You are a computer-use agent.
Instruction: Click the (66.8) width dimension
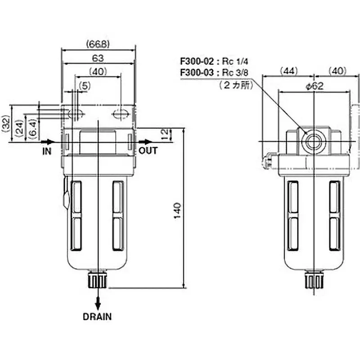click(x=98, y=44)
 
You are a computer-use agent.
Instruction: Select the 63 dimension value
click(x=98, y=58)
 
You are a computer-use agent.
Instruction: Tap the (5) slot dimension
click(x=84, y=85)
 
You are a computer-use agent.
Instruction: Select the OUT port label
click(x=148, y=151)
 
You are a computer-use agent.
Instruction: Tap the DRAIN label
click(x=97, y=316)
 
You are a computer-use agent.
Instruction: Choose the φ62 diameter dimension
click(x=315, y=86)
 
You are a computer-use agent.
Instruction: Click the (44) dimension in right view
click(x=288, y=71)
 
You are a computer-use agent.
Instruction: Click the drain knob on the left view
click(x=98, y=279)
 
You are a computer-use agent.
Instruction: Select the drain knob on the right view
click(x=313, y=280)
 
